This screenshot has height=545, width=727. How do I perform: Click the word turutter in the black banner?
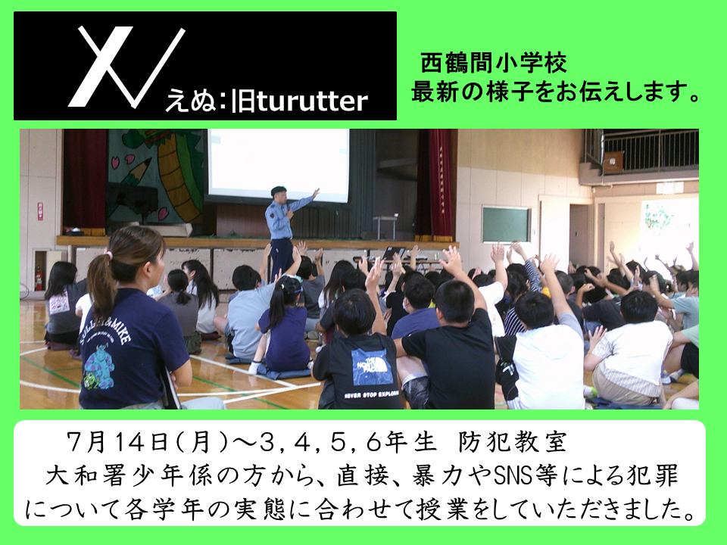tap(312, 101)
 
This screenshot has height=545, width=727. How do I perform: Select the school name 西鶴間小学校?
tap(493, 64)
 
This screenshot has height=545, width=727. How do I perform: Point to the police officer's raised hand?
tap(316, 193)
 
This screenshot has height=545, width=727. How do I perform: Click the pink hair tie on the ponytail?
tap(108, 255)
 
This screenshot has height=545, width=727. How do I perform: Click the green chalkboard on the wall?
tap(506, 225)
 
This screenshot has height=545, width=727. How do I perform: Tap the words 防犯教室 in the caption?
tap(513, 442)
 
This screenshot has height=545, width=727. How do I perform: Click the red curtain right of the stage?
tap(438, 185)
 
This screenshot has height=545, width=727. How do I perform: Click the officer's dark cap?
tap(278, 189)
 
